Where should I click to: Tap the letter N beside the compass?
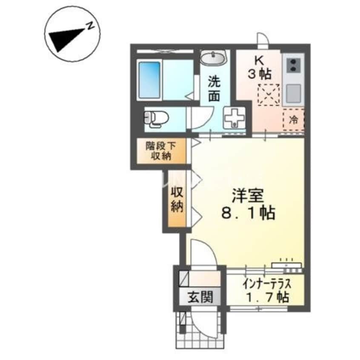coord(90,26)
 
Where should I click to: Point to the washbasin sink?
coord(213,58)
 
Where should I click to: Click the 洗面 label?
coord(214,89)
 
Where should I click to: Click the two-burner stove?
coord(293,65)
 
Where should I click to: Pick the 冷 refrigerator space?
coord(294,120)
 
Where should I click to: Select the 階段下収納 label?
coord(160,151)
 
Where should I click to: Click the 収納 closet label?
coord(177,200)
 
